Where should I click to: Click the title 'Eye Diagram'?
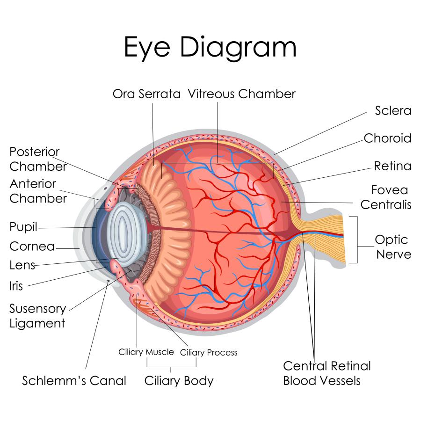pos(210,47)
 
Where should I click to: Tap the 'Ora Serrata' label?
pos(146,94)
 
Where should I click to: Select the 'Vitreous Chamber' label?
pos(242,94)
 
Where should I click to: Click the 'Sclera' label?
pos(393,110)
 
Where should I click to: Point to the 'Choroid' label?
pos(387,138)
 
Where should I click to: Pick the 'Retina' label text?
pos(392,166)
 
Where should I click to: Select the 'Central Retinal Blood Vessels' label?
pos(327,373)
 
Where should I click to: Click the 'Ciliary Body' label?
pos(179,380)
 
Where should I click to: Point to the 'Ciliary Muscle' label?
pos(146,352)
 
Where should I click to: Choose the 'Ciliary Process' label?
pos(209,352)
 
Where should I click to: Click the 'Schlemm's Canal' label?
pos(74,381)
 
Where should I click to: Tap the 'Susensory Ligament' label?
pos(37,316)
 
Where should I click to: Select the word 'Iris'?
pos(16,286)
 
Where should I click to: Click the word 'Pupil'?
pos(23,227)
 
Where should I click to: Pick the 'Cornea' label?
pos(32,247)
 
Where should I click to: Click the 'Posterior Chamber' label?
pos(38,159)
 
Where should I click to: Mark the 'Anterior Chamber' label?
pos(38,191)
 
